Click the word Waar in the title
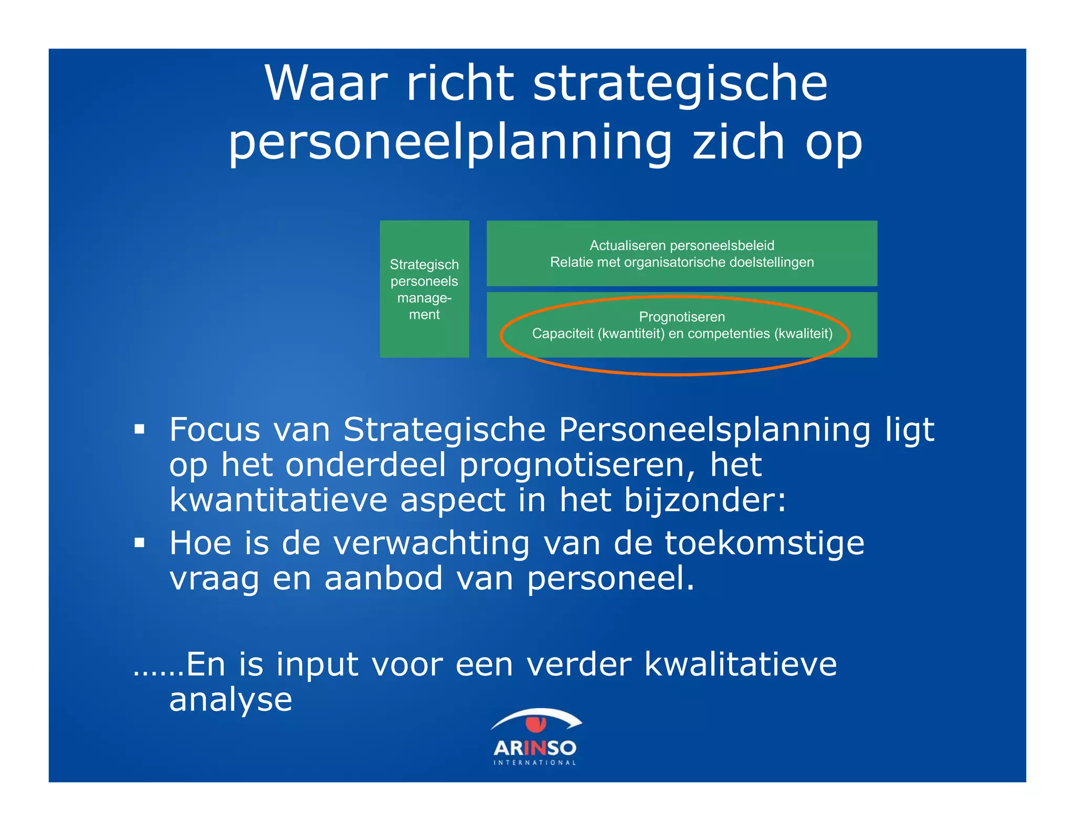point(326,84)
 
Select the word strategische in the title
point(680,84)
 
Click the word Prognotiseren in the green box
point(681,317)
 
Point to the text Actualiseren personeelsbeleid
point(681,245)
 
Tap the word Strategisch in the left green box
point(424,264)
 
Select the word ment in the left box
point(424,315)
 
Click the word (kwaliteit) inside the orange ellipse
point(803,334)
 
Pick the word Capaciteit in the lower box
point(562,334)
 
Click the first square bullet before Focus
point(139,430)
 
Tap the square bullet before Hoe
point(139,543)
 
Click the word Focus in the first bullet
point(215,430)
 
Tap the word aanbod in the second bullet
point(384,578)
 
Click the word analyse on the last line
point(230,700)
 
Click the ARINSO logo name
point(534,747)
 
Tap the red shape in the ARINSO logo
point(536,724)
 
